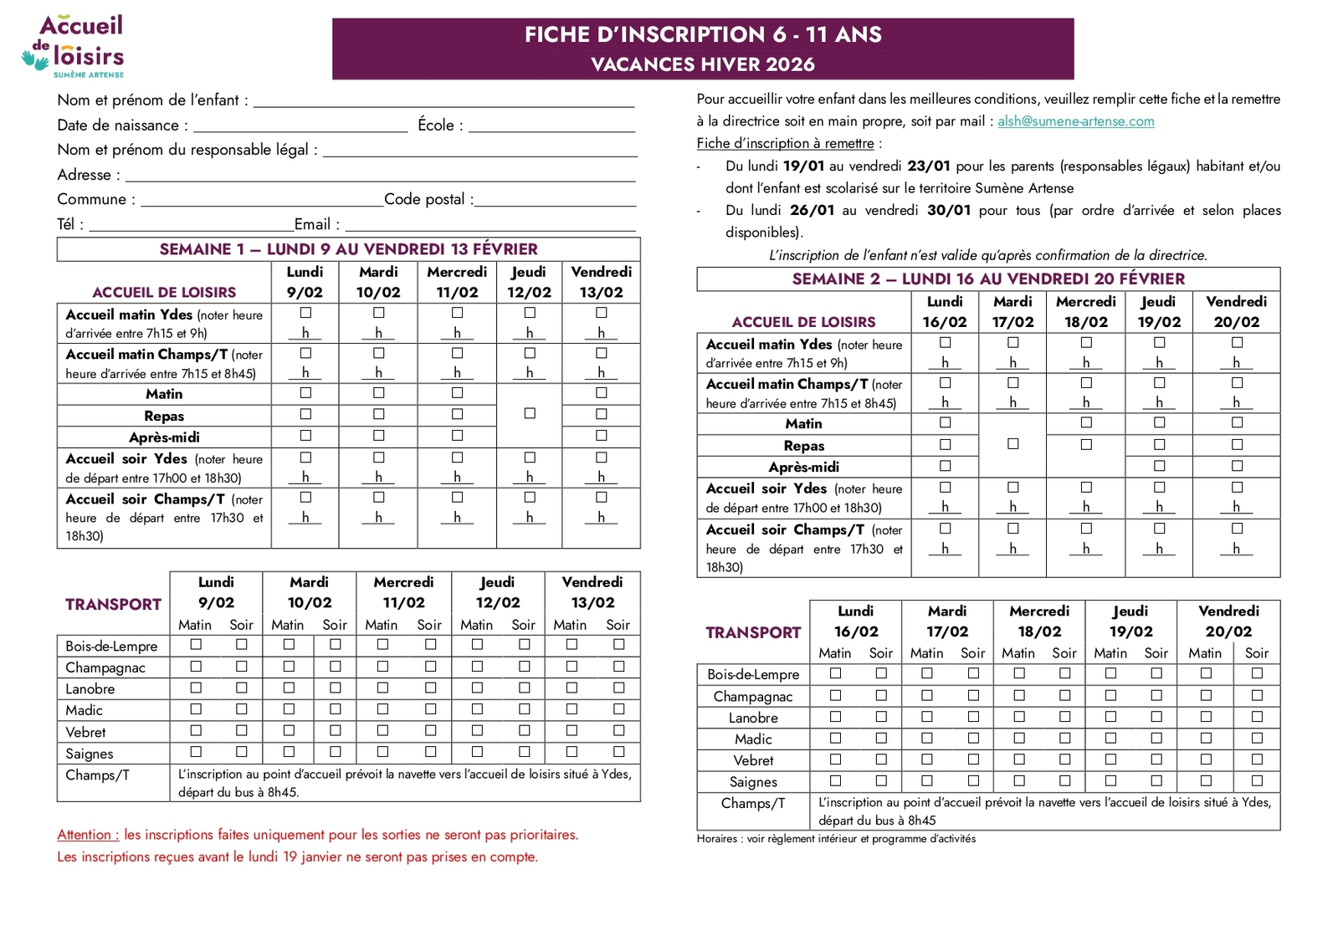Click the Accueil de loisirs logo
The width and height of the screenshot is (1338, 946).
pyautogui.click(x=74, y=46)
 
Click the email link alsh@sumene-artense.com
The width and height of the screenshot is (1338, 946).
pyautogui.click(x=1075, y=121)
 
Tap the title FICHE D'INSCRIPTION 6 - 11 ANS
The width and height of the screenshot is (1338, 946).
pyautogui.click(x=703, y=34)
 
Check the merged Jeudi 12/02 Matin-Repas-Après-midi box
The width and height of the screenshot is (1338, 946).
pyautogui.click(x=530, y=413)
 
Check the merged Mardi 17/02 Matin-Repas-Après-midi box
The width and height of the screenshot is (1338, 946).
pyautogui.click(x=1012, y=444)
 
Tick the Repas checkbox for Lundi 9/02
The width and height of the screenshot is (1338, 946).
pyautogui.click(x=305, y=414)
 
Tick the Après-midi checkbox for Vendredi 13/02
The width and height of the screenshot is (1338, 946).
pyautogui.click(x=601, y=436)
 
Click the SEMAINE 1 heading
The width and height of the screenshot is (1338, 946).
pyautogui.click(x=348, y=249)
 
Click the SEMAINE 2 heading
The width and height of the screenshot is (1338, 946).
pyautogui.click(x=988, y=279)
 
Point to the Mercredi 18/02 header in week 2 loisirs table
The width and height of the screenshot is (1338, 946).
pyautogui.click(x=1085, y=311)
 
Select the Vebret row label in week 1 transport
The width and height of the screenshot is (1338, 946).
pyautogui.click(x=86, y=732)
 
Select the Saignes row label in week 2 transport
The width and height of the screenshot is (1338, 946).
pyautogui.click(x=753, y=782)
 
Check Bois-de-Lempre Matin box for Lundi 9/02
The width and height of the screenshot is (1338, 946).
pyautogui.click(x=196, y=644)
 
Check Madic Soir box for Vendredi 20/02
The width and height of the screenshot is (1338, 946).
pyautogui.click(x=1257, y=738)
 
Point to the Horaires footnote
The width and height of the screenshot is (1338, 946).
pyautogui.click(x=836, y=839)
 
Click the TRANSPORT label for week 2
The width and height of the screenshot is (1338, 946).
pyautogui.click(x=753, y=632)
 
